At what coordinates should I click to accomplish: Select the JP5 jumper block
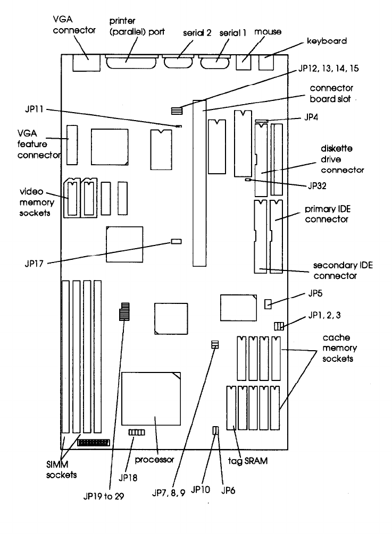pos(268,303)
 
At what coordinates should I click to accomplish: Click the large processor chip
pos(152,403)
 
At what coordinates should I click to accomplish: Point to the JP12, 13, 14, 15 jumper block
pos(177,111)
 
